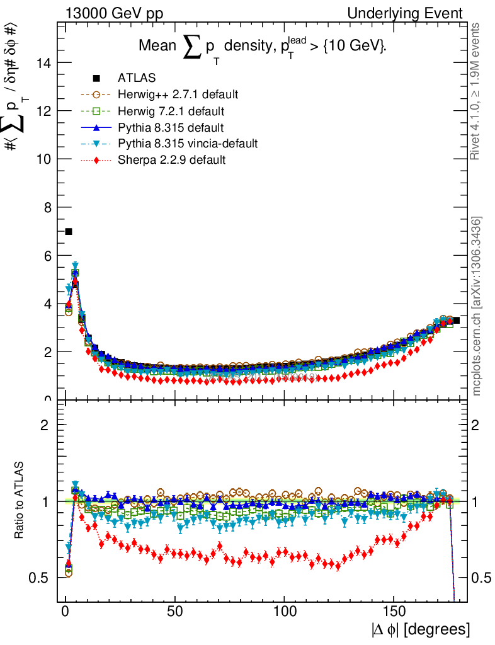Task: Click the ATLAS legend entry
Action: [137, 78]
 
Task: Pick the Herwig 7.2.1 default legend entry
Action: [171, 111]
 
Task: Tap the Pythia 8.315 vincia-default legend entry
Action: [188, 144]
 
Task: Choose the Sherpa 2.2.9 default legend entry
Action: [171, 160]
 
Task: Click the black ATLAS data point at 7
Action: [69, 232]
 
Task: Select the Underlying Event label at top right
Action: [413, 13]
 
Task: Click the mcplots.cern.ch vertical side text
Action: [477, 306]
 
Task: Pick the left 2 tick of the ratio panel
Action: [45, 425]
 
